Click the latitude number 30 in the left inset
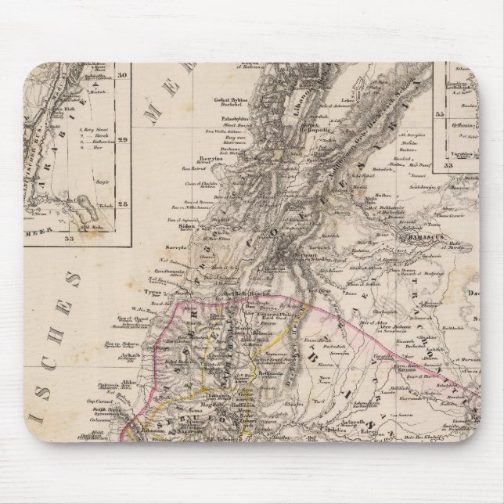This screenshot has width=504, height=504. [x=122, y=75]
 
